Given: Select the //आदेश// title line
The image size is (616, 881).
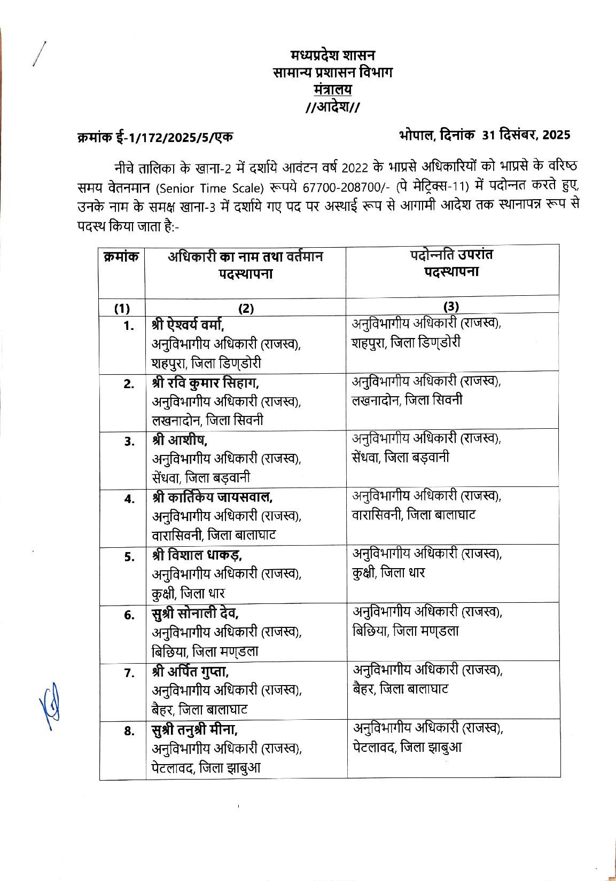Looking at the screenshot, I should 332,107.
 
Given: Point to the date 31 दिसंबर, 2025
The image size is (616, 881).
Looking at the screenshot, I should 526,135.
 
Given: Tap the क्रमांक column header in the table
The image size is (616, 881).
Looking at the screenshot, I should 121,257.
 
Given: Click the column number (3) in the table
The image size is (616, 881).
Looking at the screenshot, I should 451,306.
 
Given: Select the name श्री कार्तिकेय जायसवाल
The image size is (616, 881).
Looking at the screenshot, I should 212,498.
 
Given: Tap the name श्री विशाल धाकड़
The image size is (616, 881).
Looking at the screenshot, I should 197,555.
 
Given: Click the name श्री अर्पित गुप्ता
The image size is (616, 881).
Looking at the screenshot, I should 191,671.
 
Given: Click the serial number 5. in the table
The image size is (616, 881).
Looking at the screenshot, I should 129,557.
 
